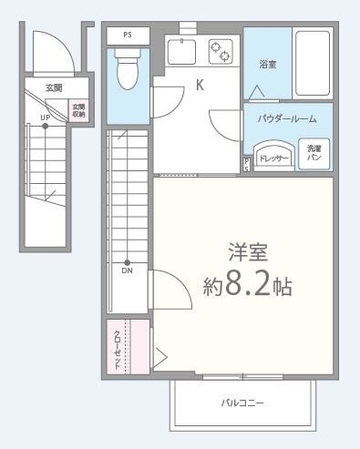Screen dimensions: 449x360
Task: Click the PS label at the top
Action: [x=128, y=36]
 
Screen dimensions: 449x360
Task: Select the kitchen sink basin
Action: [x=183, y=52]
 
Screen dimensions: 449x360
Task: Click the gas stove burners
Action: [x=221, y=51]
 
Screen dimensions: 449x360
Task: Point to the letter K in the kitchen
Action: [x=200, y=87]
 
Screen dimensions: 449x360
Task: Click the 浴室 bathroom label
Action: [x=267, y=66]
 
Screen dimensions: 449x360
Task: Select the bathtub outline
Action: [x=314, y=63]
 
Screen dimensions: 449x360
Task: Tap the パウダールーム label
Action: [x=288, y=118]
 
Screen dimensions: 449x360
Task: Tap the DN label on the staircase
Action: [x=127, y=270]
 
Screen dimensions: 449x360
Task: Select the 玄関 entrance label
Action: [x=55, y=88]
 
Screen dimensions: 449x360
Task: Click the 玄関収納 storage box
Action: [x=79, y=110]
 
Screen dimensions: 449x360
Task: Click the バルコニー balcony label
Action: [x=243, y=402]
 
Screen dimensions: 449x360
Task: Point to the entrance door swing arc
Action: [x=43, y=50]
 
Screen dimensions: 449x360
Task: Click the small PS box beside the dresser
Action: [x=247, y=165]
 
